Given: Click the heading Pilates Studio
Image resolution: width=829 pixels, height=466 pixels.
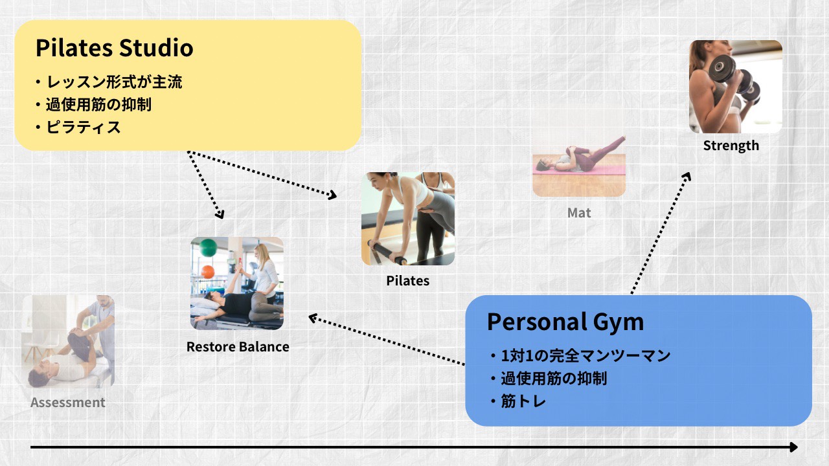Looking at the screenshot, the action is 115,48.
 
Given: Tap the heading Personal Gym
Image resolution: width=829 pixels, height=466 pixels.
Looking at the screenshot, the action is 565,322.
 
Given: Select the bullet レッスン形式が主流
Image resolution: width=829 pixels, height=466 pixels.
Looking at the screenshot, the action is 109,82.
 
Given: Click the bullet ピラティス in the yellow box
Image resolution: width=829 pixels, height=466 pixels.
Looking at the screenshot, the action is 78,128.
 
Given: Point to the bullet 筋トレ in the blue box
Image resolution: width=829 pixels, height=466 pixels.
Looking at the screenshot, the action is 518,401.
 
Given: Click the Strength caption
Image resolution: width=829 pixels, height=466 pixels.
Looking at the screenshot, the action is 731,146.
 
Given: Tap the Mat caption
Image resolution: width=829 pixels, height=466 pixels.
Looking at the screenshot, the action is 579,213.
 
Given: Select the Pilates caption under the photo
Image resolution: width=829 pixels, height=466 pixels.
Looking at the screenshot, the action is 408,281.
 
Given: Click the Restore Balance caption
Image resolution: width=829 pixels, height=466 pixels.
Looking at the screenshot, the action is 238,347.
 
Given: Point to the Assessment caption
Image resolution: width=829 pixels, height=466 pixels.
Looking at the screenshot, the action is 68,403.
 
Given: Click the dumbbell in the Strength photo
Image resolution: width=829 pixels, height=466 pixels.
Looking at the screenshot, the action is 734,78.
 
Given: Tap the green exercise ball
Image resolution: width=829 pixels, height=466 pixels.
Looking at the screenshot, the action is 208,247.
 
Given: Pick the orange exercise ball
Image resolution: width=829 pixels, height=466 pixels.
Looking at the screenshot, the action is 208,272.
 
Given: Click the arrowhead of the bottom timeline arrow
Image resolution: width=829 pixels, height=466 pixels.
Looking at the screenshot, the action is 793,447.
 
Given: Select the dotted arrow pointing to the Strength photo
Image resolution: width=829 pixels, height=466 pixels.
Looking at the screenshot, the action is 661,233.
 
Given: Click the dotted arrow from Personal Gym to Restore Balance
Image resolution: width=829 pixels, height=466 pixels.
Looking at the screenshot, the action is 387,340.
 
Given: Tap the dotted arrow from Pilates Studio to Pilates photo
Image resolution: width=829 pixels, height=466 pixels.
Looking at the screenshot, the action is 262,174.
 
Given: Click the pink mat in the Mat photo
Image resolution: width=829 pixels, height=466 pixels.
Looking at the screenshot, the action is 579,170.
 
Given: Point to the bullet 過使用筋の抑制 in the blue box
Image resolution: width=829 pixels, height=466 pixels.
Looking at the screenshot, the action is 549,379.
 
